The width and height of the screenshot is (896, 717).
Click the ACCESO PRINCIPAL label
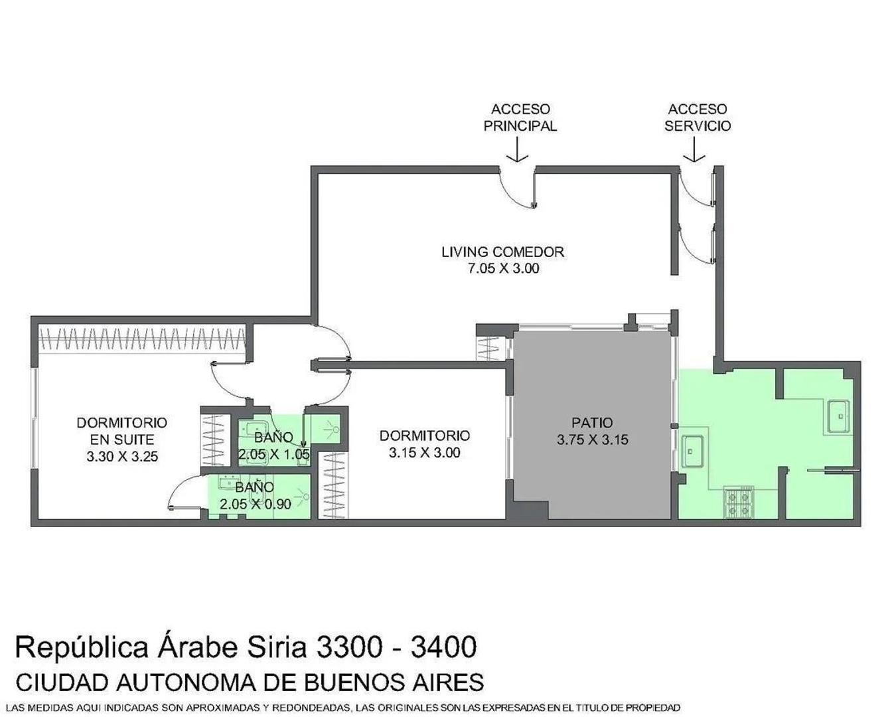(520, 118)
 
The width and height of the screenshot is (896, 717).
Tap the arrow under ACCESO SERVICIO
(694, 149)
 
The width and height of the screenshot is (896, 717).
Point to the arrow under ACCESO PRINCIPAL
(517, 149)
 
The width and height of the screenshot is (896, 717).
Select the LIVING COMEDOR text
(503, 252)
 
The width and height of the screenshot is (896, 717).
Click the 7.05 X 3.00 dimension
(503, 269)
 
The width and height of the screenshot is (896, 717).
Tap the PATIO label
(592, 423)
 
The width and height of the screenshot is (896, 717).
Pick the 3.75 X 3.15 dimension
(593, 440)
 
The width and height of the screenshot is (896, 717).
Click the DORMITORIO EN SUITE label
(122, 432)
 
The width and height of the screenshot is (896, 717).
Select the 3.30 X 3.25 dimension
(122, 457)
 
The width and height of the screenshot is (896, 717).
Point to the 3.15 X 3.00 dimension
(425, 453)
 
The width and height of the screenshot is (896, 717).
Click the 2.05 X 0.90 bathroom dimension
(256, 505)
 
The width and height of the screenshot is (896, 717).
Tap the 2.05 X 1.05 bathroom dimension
(274, 455)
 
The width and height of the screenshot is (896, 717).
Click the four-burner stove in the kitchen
(739, 503)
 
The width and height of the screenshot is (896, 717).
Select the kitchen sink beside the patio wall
(692, 451)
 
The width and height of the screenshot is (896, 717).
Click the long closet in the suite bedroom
(142, 339)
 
